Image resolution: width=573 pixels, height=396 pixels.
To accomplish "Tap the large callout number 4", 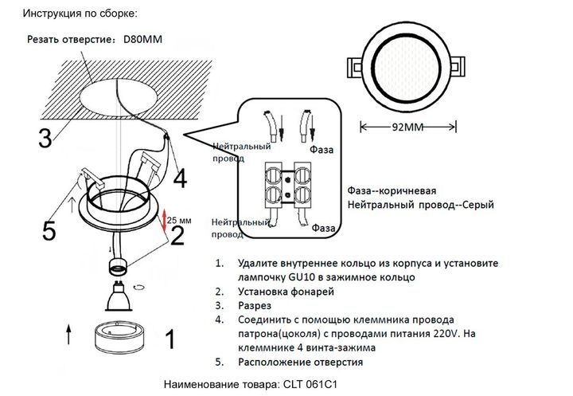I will (x=180, y=177).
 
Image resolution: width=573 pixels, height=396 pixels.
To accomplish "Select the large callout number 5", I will (x=49, y=232).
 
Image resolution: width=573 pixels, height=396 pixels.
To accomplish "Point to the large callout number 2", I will (x=177, y=233).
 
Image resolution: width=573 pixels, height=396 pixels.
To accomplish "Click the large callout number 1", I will (x=169, y=340).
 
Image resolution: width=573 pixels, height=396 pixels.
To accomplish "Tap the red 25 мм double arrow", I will (x=164, y=221).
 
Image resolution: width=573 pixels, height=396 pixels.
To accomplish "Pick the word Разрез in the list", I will (x=254, y=306).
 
